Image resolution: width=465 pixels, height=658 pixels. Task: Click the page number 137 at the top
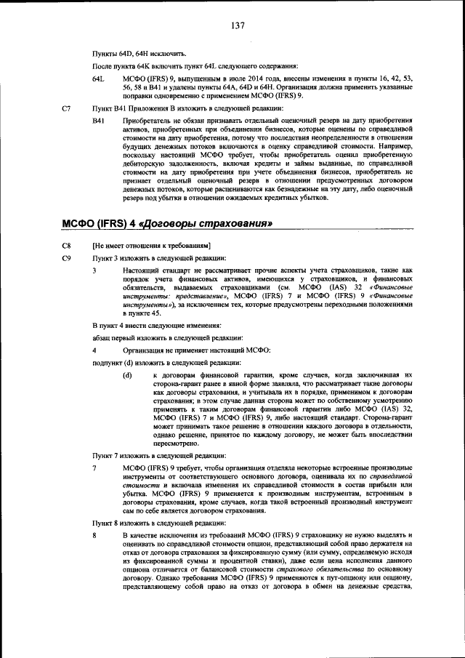[238, 26]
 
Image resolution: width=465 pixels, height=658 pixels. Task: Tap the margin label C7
[66, 108]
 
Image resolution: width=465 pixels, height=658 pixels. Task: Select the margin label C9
[66, 258]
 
